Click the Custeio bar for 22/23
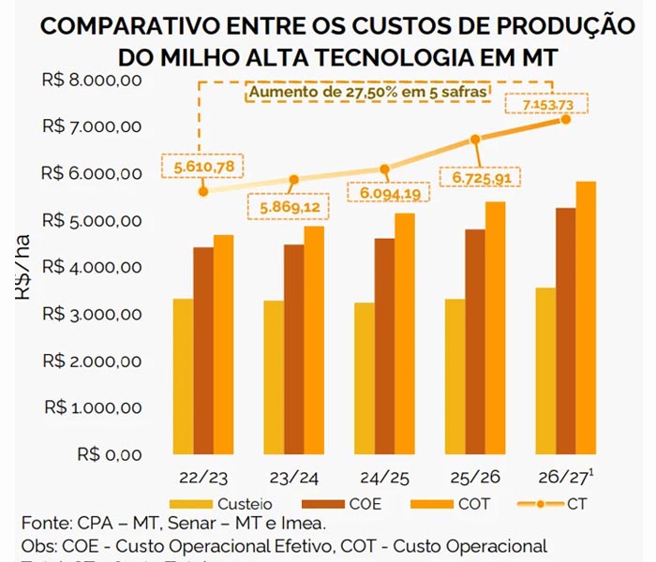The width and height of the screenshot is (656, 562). pos(183,377)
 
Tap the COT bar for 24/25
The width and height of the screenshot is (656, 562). pos(404,333)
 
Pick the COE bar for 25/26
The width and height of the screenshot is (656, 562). pos(476,342)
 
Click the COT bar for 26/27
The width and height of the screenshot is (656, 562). pos(586,318)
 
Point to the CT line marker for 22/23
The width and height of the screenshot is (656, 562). pos(203,191)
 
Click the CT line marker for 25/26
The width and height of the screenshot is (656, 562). pos(476,139)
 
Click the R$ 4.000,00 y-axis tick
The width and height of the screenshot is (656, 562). pos(92,268)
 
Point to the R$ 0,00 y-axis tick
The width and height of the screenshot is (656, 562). pos(110,455)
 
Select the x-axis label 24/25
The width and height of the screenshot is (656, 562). pos(384,478)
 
